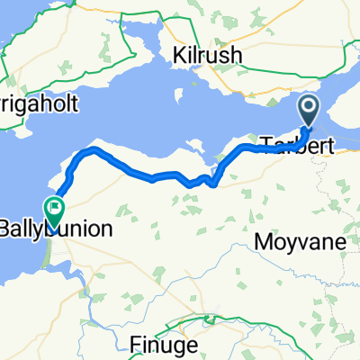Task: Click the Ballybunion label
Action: (58, 229)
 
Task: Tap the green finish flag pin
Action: (55, 211)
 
